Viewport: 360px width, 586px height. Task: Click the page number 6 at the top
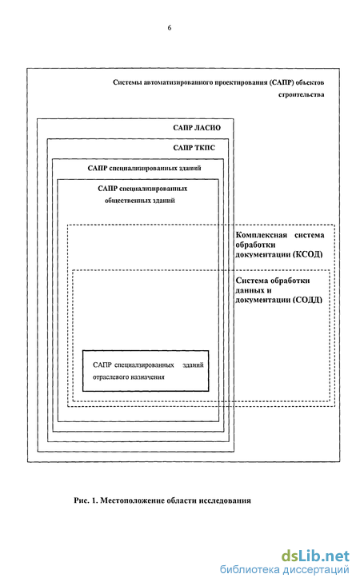tap(170, 28)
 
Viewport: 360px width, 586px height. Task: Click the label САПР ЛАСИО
tap(197, 128)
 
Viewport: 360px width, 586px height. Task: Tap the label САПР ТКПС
tap(194, 148)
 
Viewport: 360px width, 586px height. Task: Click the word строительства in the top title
tap(301, 95)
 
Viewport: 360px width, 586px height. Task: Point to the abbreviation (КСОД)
tap(308, 254)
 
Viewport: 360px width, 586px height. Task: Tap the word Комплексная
tap(261, 235)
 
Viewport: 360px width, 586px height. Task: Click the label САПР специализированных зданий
tap(144, 168)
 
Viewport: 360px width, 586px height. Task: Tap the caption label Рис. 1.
tap(86, 500)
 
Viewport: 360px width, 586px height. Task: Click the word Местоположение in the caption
tap(132, 500)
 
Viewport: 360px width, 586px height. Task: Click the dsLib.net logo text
tap(315, 556)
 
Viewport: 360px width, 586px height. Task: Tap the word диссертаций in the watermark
tap(316, 570)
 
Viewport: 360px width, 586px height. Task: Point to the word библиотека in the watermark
tap(250, 569)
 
